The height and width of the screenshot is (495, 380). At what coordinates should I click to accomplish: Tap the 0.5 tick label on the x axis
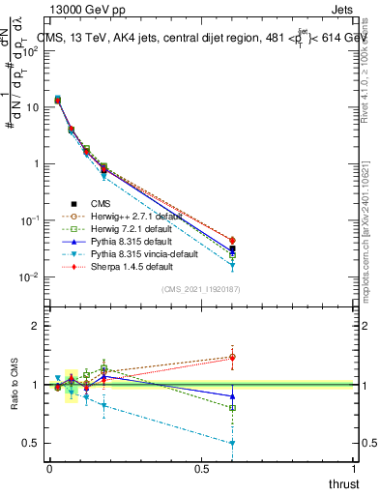201,470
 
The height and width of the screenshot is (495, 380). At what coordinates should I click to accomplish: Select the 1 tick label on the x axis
355,470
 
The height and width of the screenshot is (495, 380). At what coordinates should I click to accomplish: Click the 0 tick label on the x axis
49,470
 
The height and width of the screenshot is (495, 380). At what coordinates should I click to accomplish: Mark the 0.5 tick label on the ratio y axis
30,443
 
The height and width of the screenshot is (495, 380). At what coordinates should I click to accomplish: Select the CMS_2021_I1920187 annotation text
200,288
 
